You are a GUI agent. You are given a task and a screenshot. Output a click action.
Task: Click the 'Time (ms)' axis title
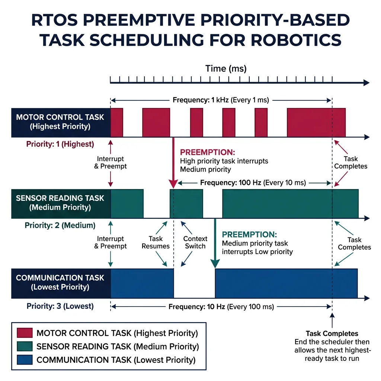pos(226,68)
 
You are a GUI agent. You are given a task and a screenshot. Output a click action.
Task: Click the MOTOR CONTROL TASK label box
pos(61,122)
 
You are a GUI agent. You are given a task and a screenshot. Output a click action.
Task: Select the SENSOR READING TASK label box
pos(61,203)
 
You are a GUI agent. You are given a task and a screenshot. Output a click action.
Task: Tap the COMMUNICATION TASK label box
pos(61,282)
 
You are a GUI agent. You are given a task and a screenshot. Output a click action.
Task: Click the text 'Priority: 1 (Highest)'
pos(60,144)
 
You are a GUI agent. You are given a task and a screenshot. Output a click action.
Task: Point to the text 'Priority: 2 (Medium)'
pos(60,225)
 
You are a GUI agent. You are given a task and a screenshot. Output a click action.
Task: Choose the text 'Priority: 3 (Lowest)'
pos(60,307)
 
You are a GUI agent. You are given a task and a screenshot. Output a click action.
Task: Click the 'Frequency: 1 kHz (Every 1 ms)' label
pos(221,100)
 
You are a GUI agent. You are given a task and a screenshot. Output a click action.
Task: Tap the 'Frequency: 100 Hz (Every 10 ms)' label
pos(253,183)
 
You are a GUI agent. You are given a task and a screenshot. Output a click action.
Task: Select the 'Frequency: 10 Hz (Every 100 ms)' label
pos(221,307)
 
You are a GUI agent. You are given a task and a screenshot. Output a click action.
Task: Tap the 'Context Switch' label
pos(195,242)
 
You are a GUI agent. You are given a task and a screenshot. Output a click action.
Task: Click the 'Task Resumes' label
pos(156,242)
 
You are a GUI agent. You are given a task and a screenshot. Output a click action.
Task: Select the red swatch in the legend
pos(25,333)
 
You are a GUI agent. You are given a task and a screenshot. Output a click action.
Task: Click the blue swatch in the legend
pos(25,360)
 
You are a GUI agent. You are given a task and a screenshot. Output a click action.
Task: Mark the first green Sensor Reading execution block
pos(127,204)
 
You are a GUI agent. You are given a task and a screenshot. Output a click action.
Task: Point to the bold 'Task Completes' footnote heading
pos(332,333)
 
